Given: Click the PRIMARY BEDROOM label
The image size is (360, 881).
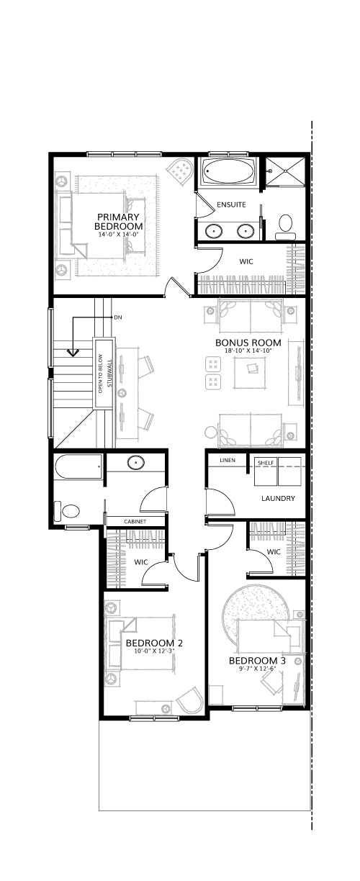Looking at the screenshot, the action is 118,222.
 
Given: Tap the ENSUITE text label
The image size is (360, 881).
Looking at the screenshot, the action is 231,204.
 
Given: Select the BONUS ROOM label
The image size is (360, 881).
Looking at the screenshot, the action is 248,343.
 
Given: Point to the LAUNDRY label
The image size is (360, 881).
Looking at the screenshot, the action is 278,498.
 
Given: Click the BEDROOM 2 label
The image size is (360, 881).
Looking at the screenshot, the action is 154,643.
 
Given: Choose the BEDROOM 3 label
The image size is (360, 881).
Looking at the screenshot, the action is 257,660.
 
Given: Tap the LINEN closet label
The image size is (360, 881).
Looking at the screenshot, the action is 228,460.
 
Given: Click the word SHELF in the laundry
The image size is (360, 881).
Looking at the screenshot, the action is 266,463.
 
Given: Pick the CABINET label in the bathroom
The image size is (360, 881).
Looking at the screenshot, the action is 135,522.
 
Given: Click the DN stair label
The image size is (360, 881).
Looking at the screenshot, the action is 117,317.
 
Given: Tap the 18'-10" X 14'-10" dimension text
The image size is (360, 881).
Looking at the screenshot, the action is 248,351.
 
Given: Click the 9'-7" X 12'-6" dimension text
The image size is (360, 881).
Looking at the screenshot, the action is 257,668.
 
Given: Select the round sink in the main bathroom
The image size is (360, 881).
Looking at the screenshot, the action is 135,463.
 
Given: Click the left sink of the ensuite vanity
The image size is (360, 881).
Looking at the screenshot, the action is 214,231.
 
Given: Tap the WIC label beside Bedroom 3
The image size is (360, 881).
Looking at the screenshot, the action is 274,552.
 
